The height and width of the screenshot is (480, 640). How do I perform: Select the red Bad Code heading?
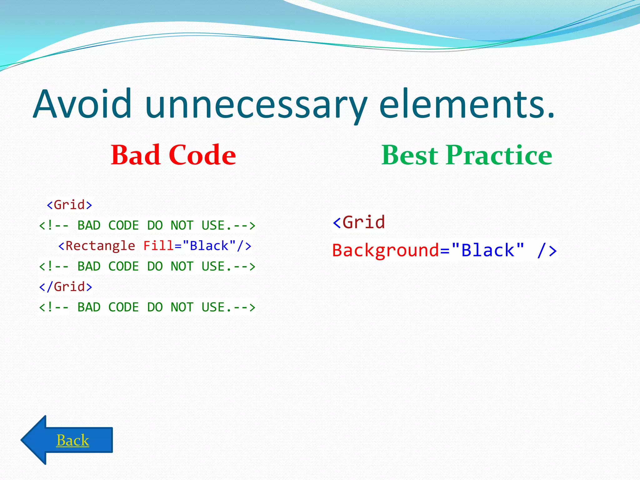click(x=173, y=155)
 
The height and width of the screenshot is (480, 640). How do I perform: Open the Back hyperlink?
click(x=72, y=440)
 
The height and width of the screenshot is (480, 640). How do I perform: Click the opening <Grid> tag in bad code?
click(x=69, y=205)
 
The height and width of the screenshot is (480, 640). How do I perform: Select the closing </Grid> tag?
click(x=66, y=287)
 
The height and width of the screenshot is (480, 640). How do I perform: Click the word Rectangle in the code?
click(x=100, y=246)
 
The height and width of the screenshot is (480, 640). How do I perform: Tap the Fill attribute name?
click(x=158, y=246)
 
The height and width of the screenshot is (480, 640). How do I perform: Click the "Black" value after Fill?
click(x=209, y=246)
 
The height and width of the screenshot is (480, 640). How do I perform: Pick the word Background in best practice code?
click(x=386, y=250)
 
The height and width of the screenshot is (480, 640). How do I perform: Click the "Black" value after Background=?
click(x=488, y=250)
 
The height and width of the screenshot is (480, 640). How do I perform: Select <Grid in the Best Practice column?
click(x=359, y=222)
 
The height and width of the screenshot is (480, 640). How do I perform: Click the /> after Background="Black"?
click(x=547, y=250)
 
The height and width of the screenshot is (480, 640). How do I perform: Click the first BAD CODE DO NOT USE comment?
click(x=147, y=226)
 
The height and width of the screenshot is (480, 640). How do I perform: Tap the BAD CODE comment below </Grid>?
click(x=147, y=307)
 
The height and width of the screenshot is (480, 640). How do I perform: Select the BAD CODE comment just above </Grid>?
click(x=147, y=267)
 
